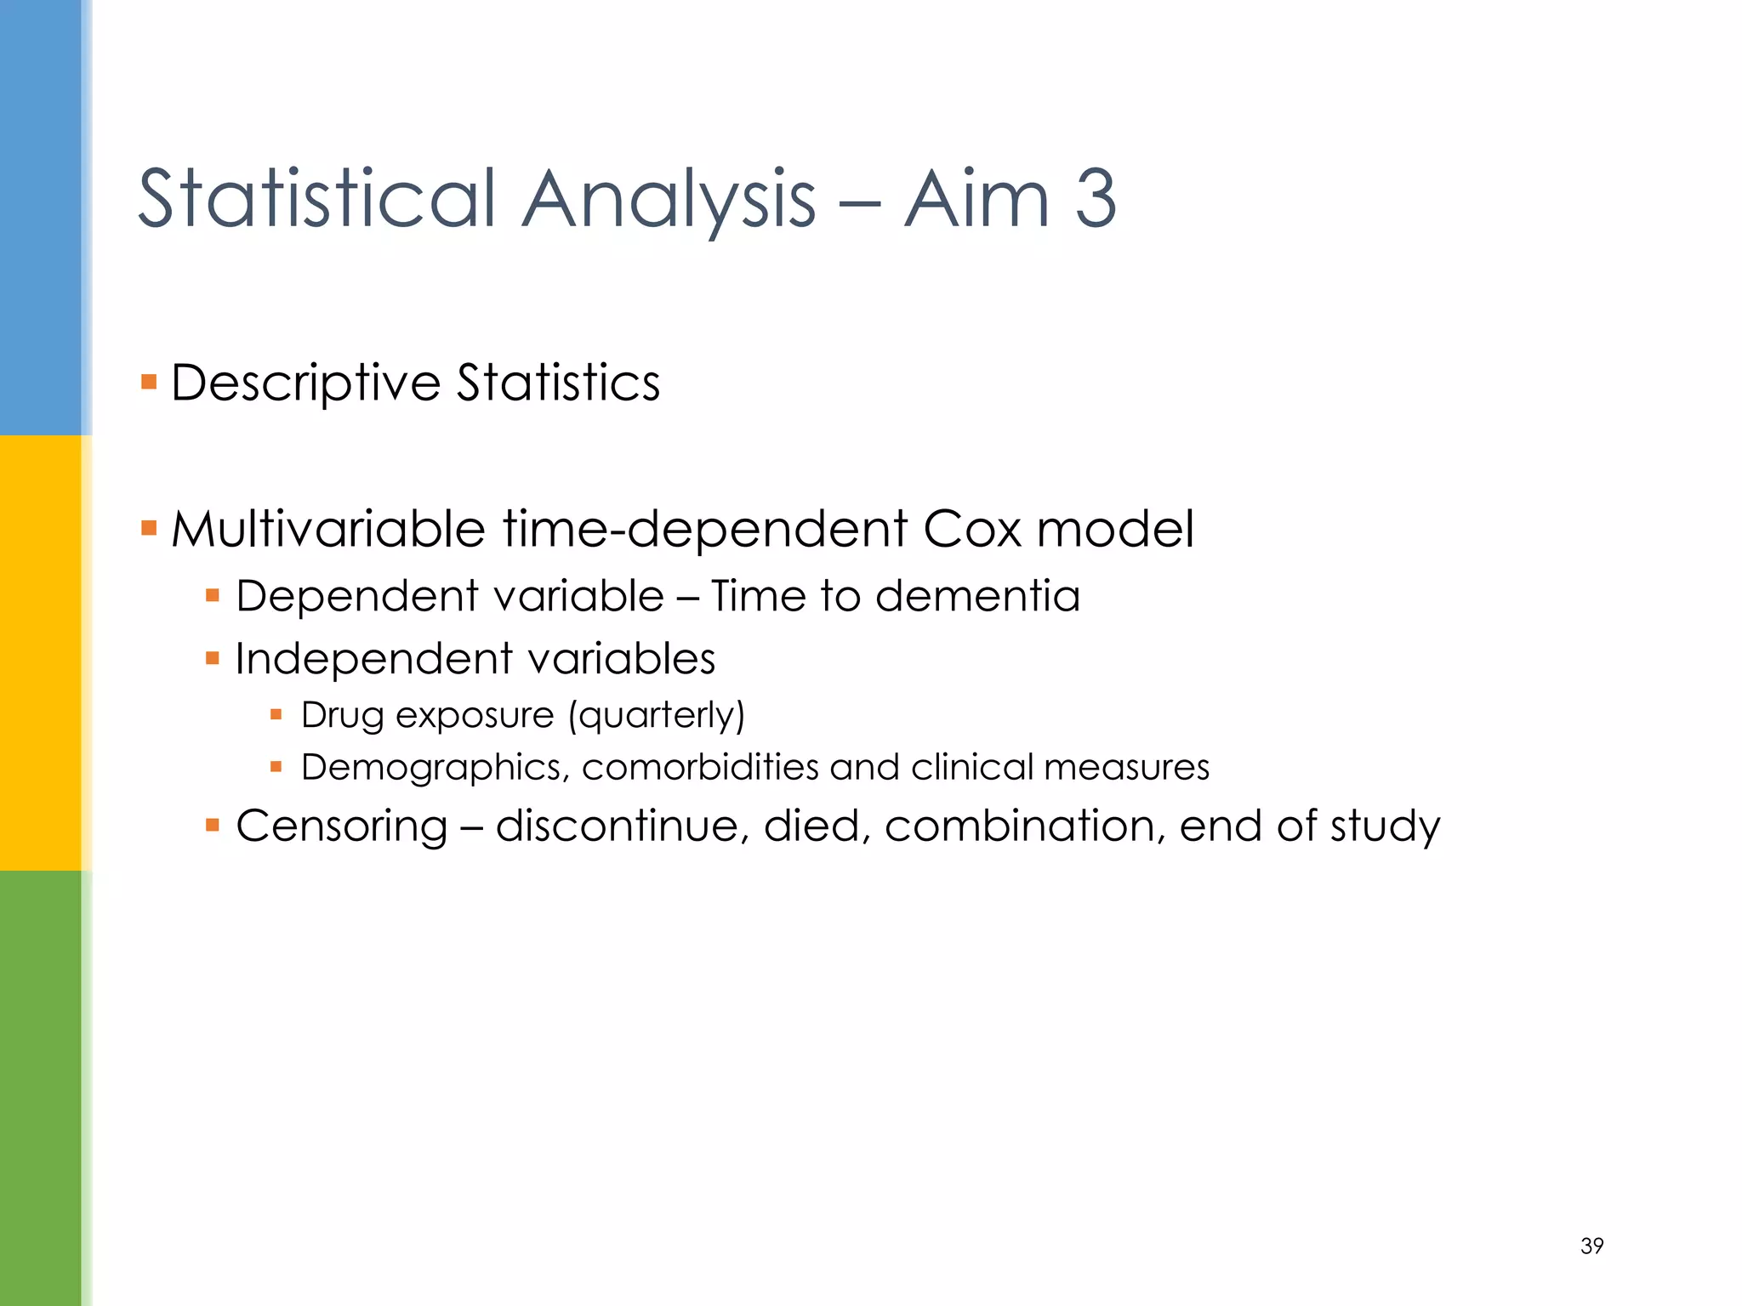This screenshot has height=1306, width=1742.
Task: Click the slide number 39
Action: tap(1591, 1246)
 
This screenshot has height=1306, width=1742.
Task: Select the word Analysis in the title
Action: tap(669, 199)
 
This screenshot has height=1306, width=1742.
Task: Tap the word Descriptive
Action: tap(305, 383)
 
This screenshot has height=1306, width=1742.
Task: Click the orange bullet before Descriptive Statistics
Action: tap(149, 381)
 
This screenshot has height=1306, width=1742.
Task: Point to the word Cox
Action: tap(971, 529)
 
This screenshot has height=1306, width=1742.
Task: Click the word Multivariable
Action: tap(328, 529)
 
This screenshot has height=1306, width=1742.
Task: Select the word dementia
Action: tap(977, 595)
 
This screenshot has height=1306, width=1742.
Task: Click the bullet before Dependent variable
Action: tap(213, 595)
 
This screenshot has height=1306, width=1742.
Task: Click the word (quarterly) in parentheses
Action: tap(657, 716)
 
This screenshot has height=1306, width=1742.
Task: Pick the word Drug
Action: tap(343, 716)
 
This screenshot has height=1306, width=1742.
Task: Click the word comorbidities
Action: tap(699, 767)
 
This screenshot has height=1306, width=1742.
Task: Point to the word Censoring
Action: tap(342, 826)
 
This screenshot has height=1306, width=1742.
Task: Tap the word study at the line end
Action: tap(1385, 827)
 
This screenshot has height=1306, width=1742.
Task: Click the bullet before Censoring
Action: tap(213, 825)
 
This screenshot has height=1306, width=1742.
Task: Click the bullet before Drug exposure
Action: tap(276, 715)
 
